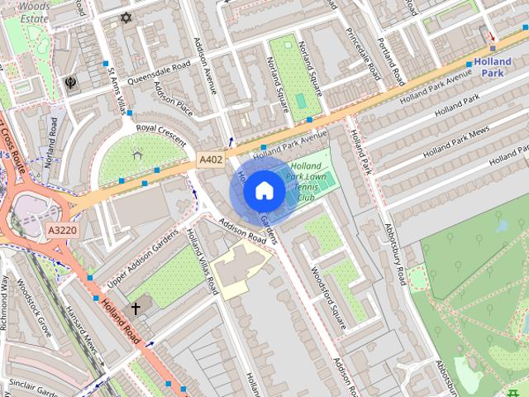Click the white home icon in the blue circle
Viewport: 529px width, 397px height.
click(x=263, y=190)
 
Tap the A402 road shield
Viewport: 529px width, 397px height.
click(x=211, y=159)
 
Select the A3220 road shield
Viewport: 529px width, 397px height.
click(x=62, y=231)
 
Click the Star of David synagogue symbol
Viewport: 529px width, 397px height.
click(x=126, y=17)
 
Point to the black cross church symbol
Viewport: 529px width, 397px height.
click(x=136, y=309)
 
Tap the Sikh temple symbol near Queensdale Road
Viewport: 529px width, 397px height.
click(x=71, y=84)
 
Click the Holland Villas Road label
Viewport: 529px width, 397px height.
click(x=203, y=262)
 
